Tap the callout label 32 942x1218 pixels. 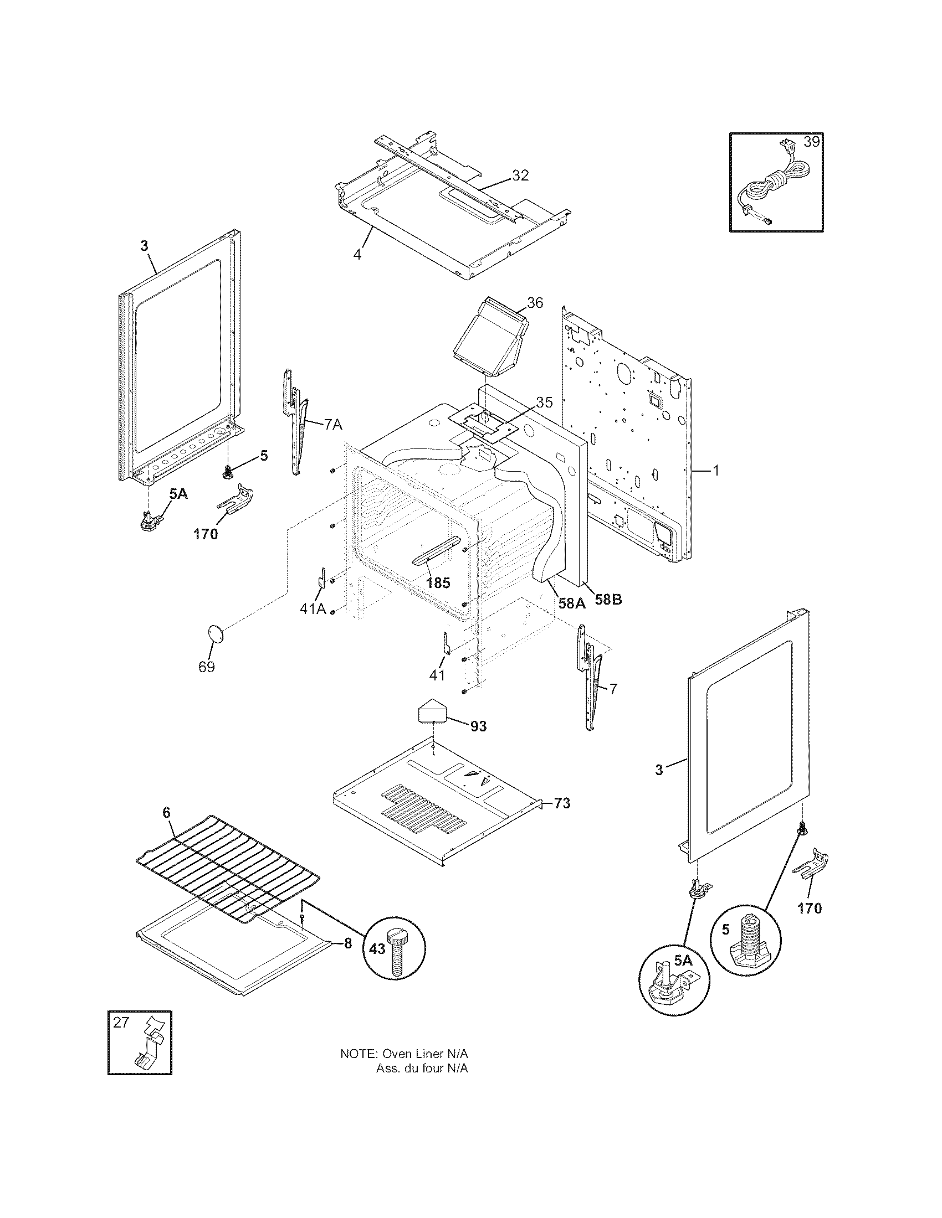520,175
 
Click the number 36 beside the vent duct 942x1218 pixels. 534,302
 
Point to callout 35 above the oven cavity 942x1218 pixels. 544,402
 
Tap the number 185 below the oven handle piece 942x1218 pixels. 438,583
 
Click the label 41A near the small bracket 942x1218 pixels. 313,609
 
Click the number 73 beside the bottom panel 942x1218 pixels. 562,803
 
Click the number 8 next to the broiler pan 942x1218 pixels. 347,943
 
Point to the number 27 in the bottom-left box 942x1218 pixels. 121,1022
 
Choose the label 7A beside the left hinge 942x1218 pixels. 332,425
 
